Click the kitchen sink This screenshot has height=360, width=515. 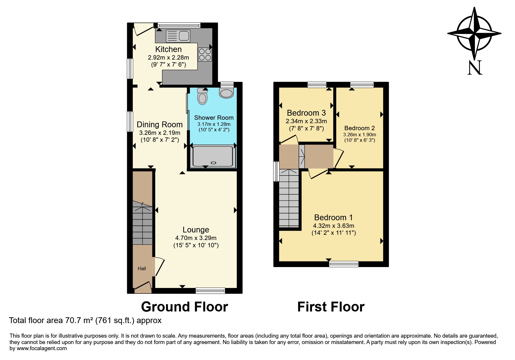click(178, 36)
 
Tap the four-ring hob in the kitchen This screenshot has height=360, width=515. click(205, 54)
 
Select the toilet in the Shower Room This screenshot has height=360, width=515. click(202, 96)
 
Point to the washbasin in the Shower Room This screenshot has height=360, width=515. click(227, 93)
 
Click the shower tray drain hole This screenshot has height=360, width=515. click(214, 163)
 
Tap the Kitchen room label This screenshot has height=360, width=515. click(168, 49)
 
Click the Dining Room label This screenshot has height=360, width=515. click(160, 124)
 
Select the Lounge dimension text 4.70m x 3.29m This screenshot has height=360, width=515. click(196, 238)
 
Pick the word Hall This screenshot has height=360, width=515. click(142, 268)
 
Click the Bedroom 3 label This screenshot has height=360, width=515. click(306, 113)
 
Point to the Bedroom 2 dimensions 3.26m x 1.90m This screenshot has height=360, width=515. click(359, 135)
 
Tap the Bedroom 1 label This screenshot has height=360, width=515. click(334, 217)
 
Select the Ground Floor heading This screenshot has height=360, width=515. click(184, 307)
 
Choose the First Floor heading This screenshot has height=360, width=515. click(331, 307)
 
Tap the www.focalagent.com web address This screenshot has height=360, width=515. click(42, 348)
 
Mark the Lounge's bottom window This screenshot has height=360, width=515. click(210, 290)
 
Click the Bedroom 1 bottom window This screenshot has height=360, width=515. click(344, 264)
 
